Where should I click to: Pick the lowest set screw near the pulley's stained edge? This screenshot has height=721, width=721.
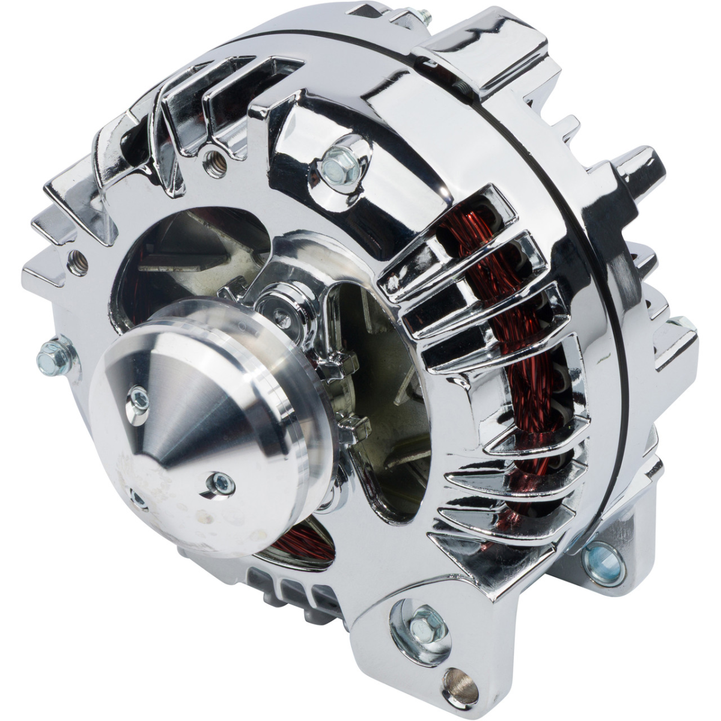(x=137, y=499)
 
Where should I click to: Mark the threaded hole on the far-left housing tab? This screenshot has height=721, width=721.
(x=77, y=263)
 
